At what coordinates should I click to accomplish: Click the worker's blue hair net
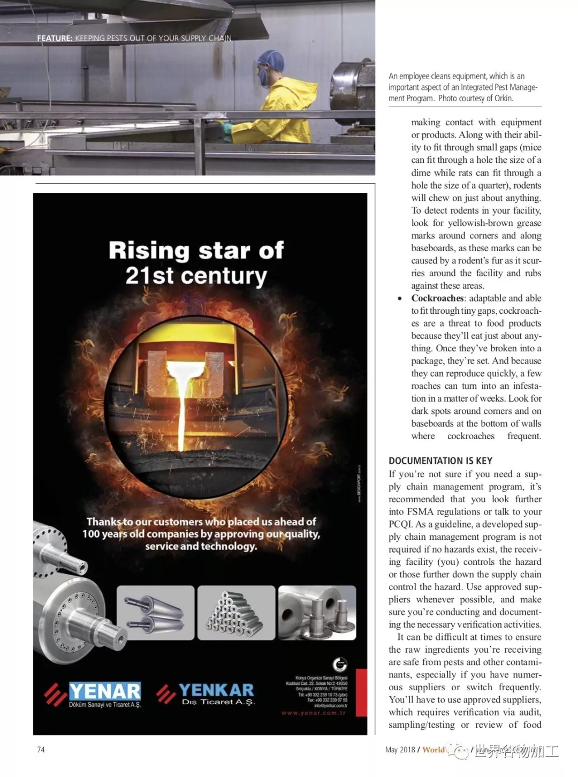click(270, 60)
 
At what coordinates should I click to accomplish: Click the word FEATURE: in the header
click(55, 39)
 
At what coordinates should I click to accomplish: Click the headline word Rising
click(149, 251)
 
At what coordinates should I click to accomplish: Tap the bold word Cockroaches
click(437, 298)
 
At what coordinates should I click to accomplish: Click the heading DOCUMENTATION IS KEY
click(440, 461)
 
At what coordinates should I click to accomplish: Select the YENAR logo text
click(105, 691)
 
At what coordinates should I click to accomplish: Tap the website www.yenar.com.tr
click(314, 713)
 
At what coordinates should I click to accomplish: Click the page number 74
click(41, 750)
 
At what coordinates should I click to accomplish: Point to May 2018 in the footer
click(400, 750)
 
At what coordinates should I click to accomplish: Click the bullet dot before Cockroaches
click(400, 299)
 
